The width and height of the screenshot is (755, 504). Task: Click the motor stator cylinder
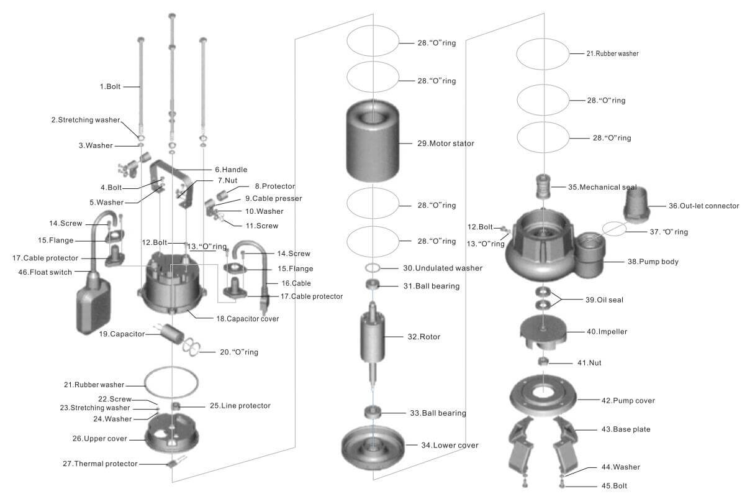(x=373, y=143)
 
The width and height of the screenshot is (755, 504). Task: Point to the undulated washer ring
(x=373, y=268)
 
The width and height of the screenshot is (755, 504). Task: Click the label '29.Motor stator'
(x=445, y=144)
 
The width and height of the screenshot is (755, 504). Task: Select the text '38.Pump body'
(x=653, y=262)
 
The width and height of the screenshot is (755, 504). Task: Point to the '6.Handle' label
(x=231, y=170)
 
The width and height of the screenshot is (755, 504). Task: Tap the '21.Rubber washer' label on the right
(x=612, y=53)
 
